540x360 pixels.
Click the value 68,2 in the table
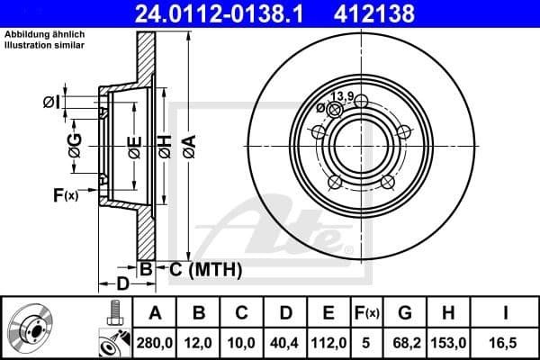[405, 343]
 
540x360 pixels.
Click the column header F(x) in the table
[367, 313]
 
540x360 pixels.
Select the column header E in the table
[328, 313]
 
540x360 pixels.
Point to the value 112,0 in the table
[328, 343]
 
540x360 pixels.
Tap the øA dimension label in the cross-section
[189, 146]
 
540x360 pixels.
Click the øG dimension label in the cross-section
[76, 146]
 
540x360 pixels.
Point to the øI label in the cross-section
[51, 103]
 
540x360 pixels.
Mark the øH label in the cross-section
[165, 146]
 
